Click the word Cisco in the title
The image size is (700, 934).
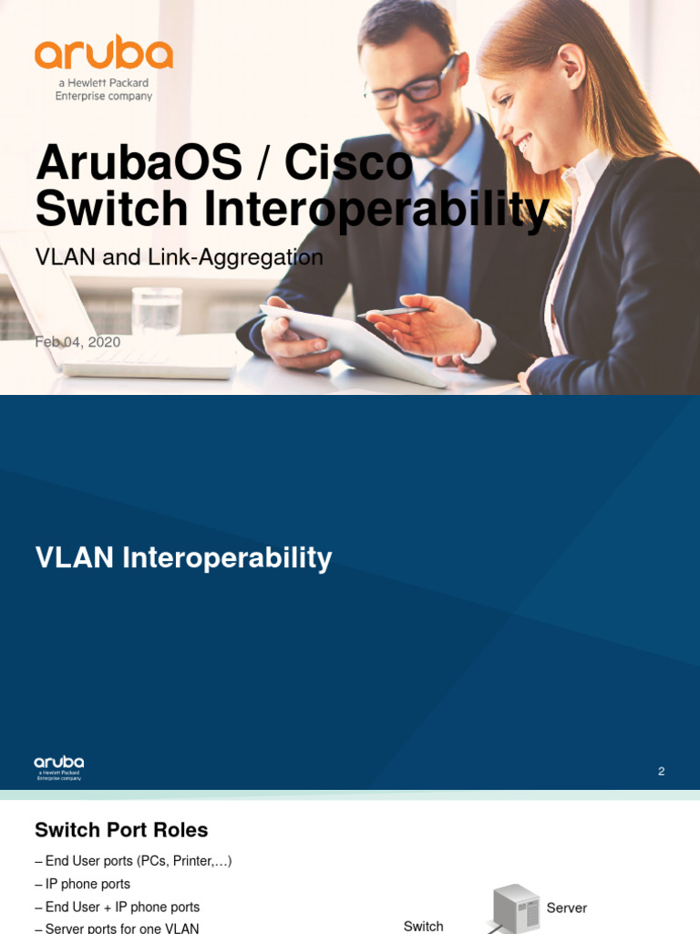(348, 164)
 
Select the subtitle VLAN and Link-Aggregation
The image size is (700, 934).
(179, 257)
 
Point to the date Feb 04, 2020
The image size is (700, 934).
(77, 342)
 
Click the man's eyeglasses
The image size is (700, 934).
(412, 88)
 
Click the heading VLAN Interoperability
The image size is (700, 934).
(183, 557)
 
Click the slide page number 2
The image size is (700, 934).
(661, 772)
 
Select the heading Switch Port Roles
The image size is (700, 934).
(121, 830)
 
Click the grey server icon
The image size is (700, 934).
(516, 908)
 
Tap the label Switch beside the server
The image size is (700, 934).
(423, 926)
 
